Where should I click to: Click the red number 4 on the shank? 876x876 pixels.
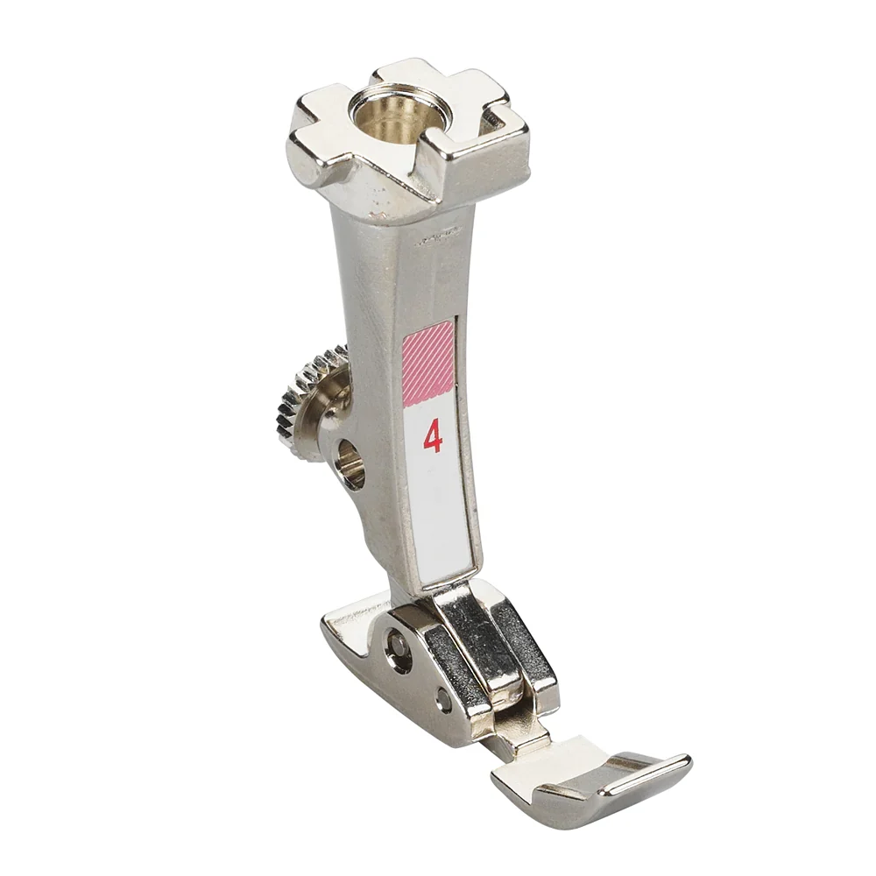tap(433, 435)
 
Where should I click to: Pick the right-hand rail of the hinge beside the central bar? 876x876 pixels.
tap(526, 648)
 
